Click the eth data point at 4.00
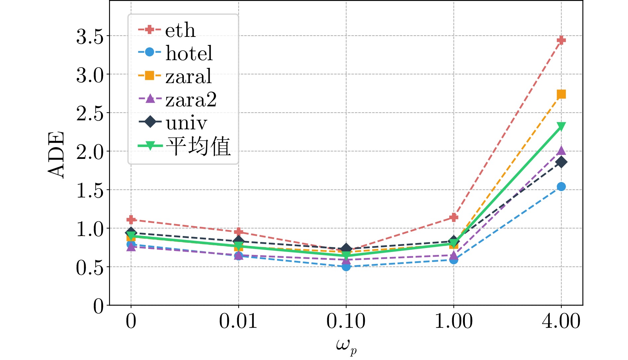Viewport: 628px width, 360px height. coord(561,41)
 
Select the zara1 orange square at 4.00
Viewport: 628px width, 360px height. coord(561,94)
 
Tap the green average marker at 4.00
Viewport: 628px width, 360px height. coord(561,127)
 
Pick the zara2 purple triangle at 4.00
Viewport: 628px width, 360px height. coord(561,151)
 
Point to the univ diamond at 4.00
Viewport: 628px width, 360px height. coord(561,162)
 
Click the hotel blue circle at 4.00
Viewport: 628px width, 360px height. coord(561,186)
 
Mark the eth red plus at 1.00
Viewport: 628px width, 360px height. coord(454,217)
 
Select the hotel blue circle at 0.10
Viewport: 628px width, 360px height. coord(346,266)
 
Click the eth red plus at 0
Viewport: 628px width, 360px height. coord(131,220)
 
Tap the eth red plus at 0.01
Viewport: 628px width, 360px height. coord(239,232)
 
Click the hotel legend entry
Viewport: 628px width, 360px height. coord(189,53)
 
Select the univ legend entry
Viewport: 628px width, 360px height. coord(186,123)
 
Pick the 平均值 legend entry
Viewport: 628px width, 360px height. coord(198,146)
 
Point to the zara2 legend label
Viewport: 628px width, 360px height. coord(191,100)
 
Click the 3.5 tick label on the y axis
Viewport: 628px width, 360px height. coord(90,37)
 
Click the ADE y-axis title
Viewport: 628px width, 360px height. coord(56,155)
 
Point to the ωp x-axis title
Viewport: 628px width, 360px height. coord(346,346)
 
